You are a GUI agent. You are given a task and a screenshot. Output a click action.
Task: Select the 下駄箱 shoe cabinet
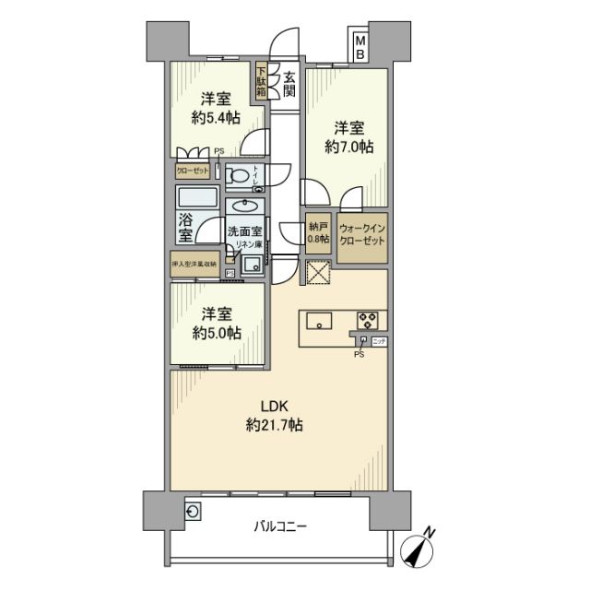(x=262, y=82)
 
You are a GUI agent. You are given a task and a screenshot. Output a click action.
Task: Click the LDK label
(x=274, y=406)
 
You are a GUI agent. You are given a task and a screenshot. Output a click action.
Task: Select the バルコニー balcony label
(x=280, y=527)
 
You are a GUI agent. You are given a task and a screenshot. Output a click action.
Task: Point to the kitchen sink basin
(x=319, y=322)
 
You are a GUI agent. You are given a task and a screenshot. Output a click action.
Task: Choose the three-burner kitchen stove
(x=369, y=321)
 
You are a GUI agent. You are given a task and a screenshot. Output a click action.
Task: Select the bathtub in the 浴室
(x=195, y=198)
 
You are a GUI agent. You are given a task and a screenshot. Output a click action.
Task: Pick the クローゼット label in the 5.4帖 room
(x=193, y=171)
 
